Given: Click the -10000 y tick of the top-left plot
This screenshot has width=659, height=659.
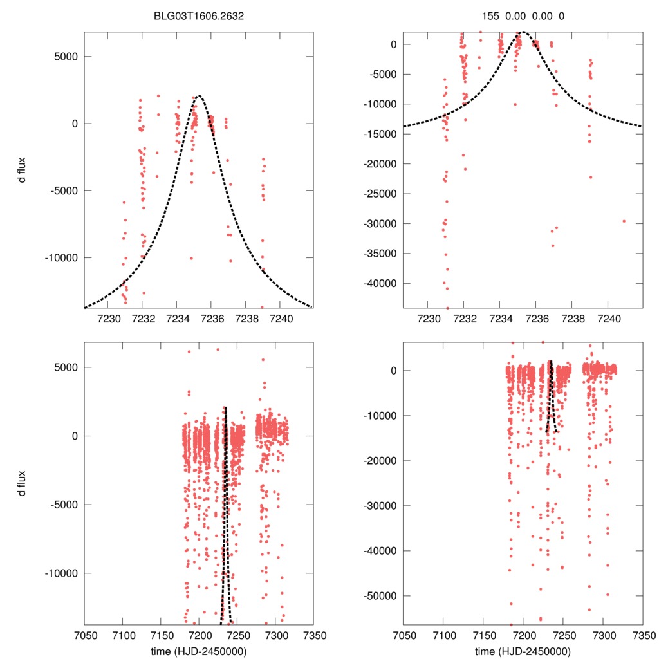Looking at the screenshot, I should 60,257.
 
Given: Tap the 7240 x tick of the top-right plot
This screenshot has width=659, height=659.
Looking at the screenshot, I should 609,319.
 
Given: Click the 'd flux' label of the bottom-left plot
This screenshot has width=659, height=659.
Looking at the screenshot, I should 24,484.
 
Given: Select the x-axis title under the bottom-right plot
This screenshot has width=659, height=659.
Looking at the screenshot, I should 523,651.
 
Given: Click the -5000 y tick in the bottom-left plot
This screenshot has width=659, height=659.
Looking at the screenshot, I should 62,505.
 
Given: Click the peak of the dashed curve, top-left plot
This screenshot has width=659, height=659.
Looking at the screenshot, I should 199,96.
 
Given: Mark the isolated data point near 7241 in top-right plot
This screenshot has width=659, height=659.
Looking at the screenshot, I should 624,221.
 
